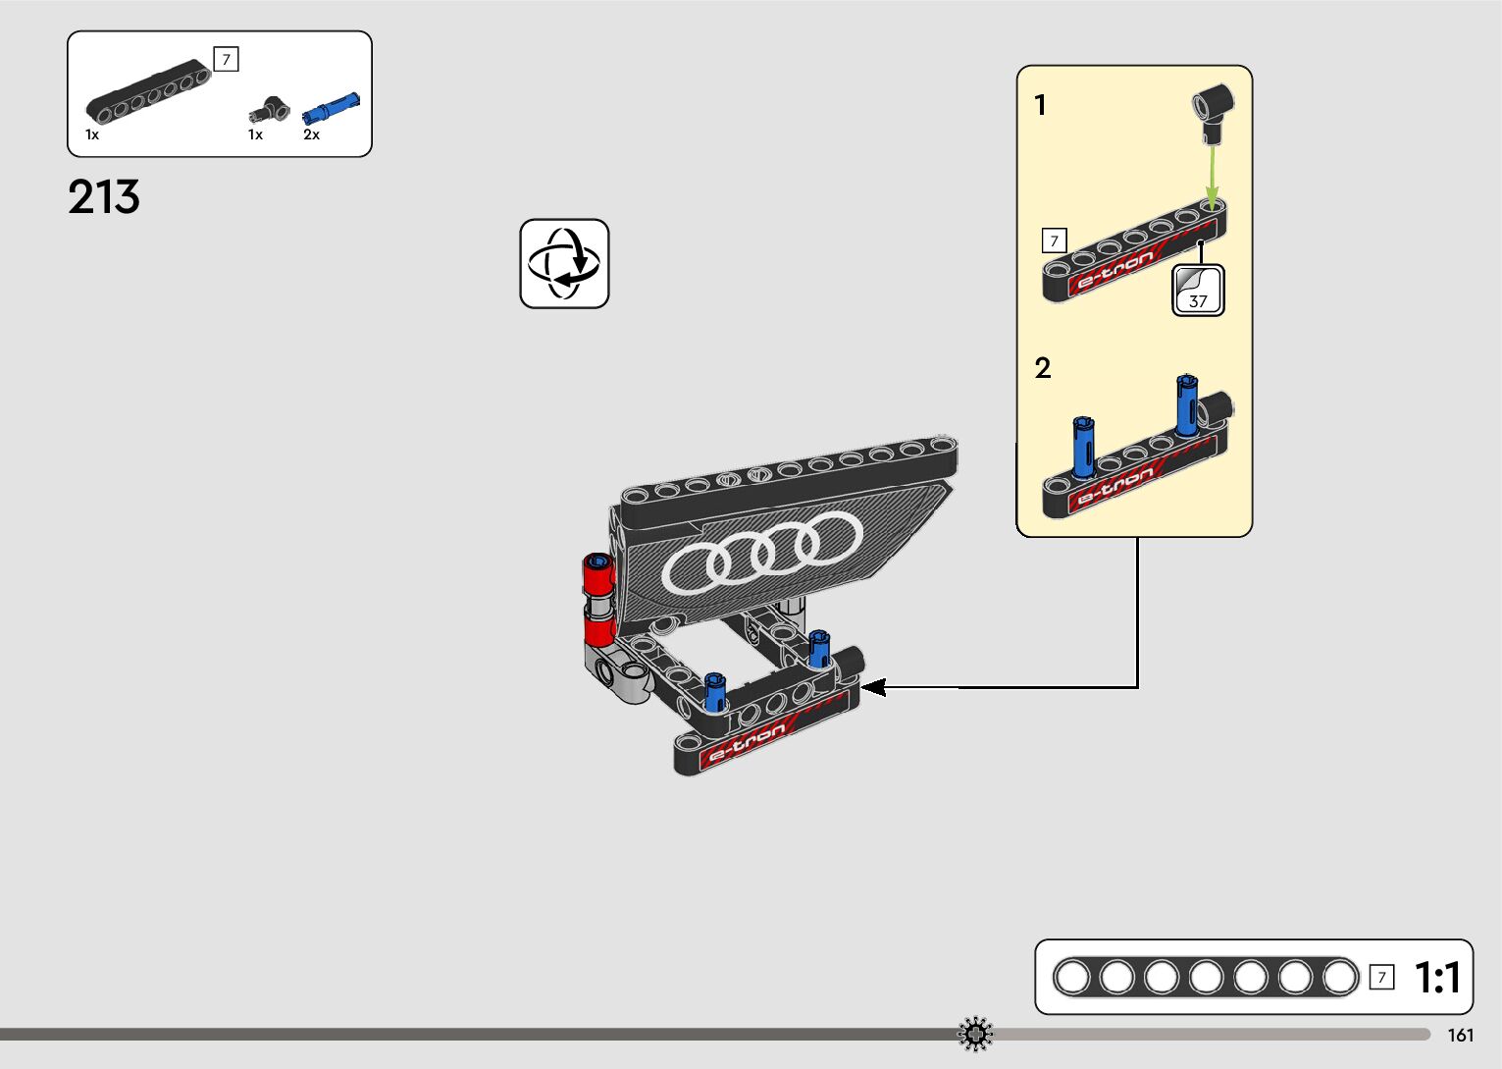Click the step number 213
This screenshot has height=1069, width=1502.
pyautogui.click(x=104, y=197)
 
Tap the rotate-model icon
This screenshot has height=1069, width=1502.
pyautogui.click(x=564, y=263)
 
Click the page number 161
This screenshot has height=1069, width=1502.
pyautogui.click(x=1460, y=1035)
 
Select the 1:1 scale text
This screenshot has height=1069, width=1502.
pyautogui.click(x=1437, y=978)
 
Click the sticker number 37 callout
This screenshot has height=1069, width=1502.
pyautogui.click(x=1198, y=292)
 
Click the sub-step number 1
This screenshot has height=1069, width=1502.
pyautogui.click(x=1041, y=105)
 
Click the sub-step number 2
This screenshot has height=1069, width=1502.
pyautogui.click(x=1043, y=368)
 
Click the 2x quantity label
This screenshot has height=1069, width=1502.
pyautogui.click(x=311, y=134)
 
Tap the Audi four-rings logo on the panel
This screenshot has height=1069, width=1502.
pyautogui.click(x=762, y=553)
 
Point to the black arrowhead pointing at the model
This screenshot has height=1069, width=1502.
pyautogui.click(x=872, y=687)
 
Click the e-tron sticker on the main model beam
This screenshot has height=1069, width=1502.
pyautogui.click(x=749, y=742)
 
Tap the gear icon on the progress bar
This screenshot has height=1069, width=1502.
pyautogui.click(x=975, y=1035)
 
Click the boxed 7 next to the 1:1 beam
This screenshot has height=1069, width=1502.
pyautogui.click(x=1381, y=977)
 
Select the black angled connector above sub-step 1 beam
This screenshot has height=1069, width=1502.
pyautogui.click(x=1214, y=111)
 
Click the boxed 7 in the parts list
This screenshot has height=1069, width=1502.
pyautogui.click(x=227, y=60)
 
